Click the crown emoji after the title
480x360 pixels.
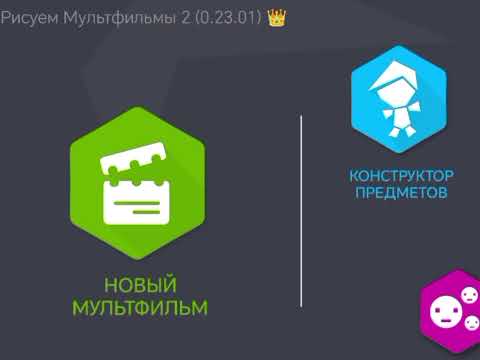click(277, 17)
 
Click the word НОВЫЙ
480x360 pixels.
click(139, 284)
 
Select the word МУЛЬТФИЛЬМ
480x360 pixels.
click(139, 306)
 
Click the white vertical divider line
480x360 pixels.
click(301, 210)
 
